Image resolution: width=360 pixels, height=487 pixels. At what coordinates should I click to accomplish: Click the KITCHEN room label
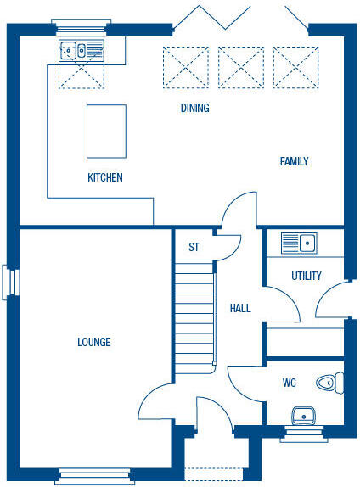105,178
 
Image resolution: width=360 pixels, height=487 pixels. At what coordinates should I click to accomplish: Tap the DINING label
194,109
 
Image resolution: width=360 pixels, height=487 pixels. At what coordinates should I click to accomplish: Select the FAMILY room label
295,161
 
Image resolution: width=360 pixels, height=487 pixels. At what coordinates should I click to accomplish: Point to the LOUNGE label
94,342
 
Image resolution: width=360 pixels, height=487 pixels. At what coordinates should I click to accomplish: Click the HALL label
240,308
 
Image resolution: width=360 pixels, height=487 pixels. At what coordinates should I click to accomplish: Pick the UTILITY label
306,276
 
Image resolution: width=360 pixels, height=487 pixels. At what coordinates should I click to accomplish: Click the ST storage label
194,247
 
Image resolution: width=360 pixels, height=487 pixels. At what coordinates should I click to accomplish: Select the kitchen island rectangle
106,131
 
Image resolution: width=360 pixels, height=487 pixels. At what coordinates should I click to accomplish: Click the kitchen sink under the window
82,50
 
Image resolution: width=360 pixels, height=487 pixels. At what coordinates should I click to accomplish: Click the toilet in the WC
327,383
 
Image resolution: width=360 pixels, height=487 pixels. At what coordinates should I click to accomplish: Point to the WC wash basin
303,416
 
